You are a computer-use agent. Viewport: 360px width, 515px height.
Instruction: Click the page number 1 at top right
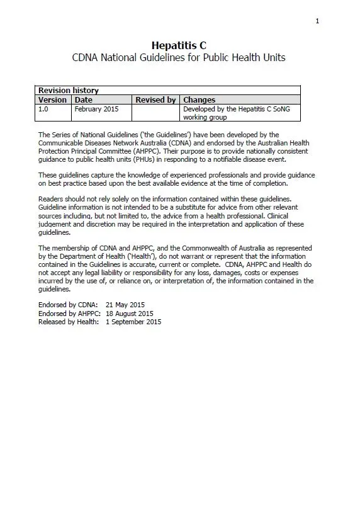coord(317,21)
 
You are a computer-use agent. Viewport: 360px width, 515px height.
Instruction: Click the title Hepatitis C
coord(179,45)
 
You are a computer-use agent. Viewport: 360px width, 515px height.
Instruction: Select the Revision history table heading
coord(69,91)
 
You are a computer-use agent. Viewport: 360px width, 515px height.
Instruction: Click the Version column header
coord(52,99)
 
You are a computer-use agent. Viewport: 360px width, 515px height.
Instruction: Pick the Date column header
coord(83,99)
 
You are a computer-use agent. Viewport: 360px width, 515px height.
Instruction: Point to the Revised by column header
coord(155,99)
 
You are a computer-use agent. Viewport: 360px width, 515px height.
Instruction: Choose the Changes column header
coord(199,99)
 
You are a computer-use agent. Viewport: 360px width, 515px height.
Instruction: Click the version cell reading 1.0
coord(43,109)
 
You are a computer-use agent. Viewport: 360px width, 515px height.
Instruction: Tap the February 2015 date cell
coord(94,109)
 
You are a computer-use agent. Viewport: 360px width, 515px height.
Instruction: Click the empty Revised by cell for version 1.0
coord(155,113)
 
